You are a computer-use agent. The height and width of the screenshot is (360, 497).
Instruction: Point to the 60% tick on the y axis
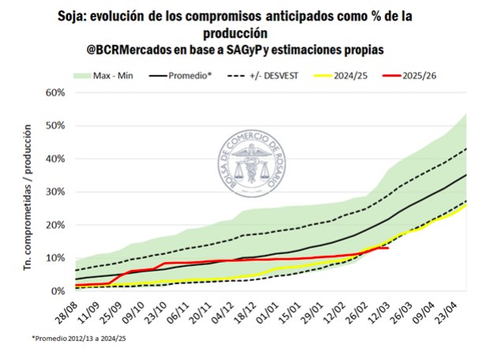click(x=53, y=92)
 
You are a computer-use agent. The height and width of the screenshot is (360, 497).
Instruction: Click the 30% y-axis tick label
click(x=53, y=192)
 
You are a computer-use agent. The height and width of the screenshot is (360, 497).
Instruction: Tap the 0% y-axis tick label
click(x=55, y=291)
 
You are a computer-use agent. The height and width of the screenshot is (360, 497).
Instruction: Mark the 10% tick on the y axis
click(x=53, y=258)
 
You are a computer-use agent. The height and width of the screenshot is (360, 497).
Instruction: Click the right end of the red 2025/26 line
click(x=387, y=248)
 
